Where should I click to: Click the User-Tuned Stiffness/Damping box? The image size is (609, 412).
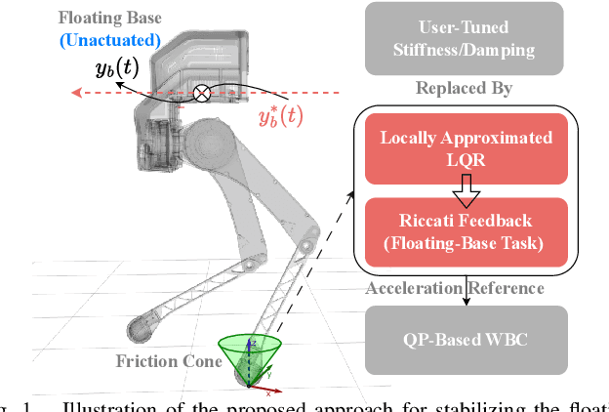464,38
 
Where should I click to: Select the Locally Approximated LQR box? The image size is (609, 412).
465,148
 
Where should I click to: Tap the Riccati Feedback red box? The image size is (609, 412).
465,230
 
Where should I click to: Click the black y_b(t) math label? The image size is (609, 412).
116,68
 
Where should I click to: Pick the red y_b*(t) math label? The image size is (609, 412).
280,117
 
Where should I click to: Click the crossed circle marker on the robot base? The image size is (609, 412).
201,94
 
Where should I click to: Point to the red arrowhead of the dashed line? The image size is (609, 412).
72,94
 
